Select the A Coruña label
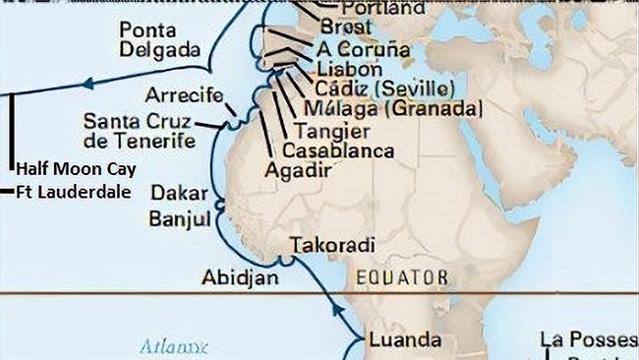(364, 49)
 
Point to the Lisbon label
(350, 70)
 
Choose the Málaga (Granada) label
(393, 109)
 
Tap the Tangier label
(332, 131)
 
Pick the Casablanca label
(337, 150)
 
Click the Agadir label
(298, 169)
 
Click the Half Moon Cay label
(76, 169)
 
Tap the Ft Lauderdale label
(74, 192)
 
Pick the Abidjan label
(240, 277)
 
